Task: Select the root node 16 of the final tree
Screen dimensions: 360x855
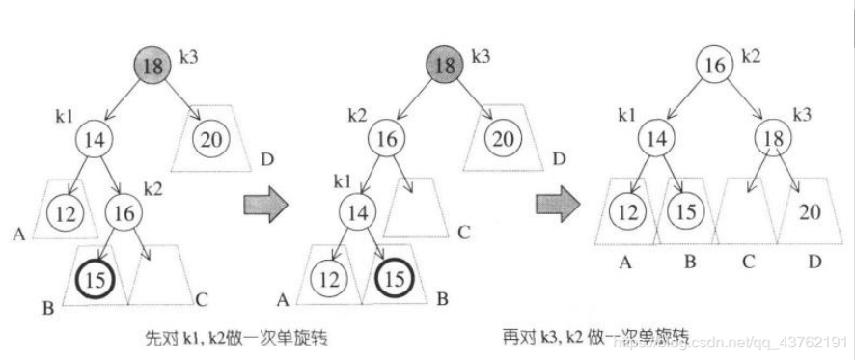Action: (x=715, y=66)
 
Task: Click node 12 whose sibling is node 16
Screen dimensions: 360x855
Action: (x=65, y=209)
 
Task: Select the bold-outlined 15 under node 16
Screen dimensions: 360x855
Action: (x=95, y=279)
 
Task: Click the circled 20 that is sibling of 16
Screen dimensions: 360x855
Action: (x=501, y=138)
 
